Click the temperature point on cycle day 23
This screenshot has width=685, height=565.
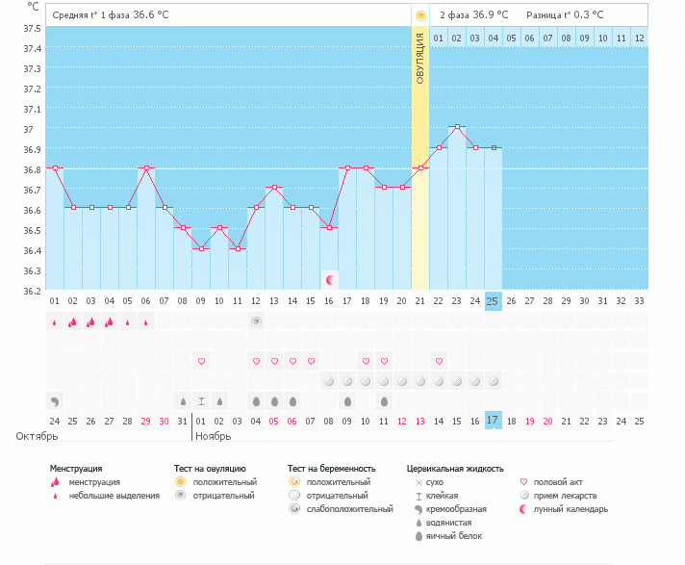pyautogui.click(x=457, y=127)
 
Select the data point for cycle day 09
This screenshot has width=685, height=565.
pyautogui.click(x=201, y=248)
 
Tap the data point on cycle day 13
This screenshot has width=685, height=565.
pyautogui.click(x=274, y=187)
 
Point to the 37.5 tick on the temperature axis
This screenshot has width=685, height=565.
pyautogui.click(x=32, y=29)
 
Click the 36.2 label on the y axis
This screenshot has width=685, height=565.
pyautogui.click(x=32, y=291)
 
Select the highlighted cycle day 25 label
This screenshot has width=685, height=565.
pyautogui.click(x=493, y=301)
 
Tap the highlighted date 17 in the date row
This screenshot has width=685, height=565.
pyautogui.click(x=493, y=421)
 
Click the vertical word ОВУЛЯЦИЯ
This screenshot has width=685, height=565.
pyautogui.click(x=420, y=58)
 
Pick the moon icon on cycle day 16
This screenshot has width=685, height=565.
pyautogui.click(x=330, y=280)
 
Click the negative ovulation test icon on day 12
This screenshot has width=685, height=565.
pyautogui.click(x=257, y=322)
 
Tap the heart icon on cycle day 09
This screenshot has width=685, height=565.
pyautogui.click(x=201, y=361)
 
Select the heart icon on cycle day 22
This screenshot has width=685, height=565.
pyautogui.click(x=439, y=361)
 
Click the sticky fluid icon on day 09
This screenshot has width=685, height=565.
pyautogui.click(x=201, y=401)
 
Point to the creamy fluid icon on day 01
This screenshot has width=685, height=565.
pyautogui.click(x=55, y=401)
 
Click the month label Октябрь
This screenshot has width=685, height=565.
pyautogui.click(x=37, y=436)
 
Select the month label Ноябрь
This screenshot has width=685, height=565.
pyautogui.click(x=214, y=436)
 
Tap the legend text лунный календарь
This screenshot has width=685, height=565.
pyautogui.click(x=571, y=509)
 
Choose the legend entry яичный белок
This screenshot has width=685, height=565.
pyautogui.click(x=454, y=536)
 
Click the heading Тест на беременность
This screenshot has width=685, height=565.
pyautogui.click(x=332, y=469)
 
